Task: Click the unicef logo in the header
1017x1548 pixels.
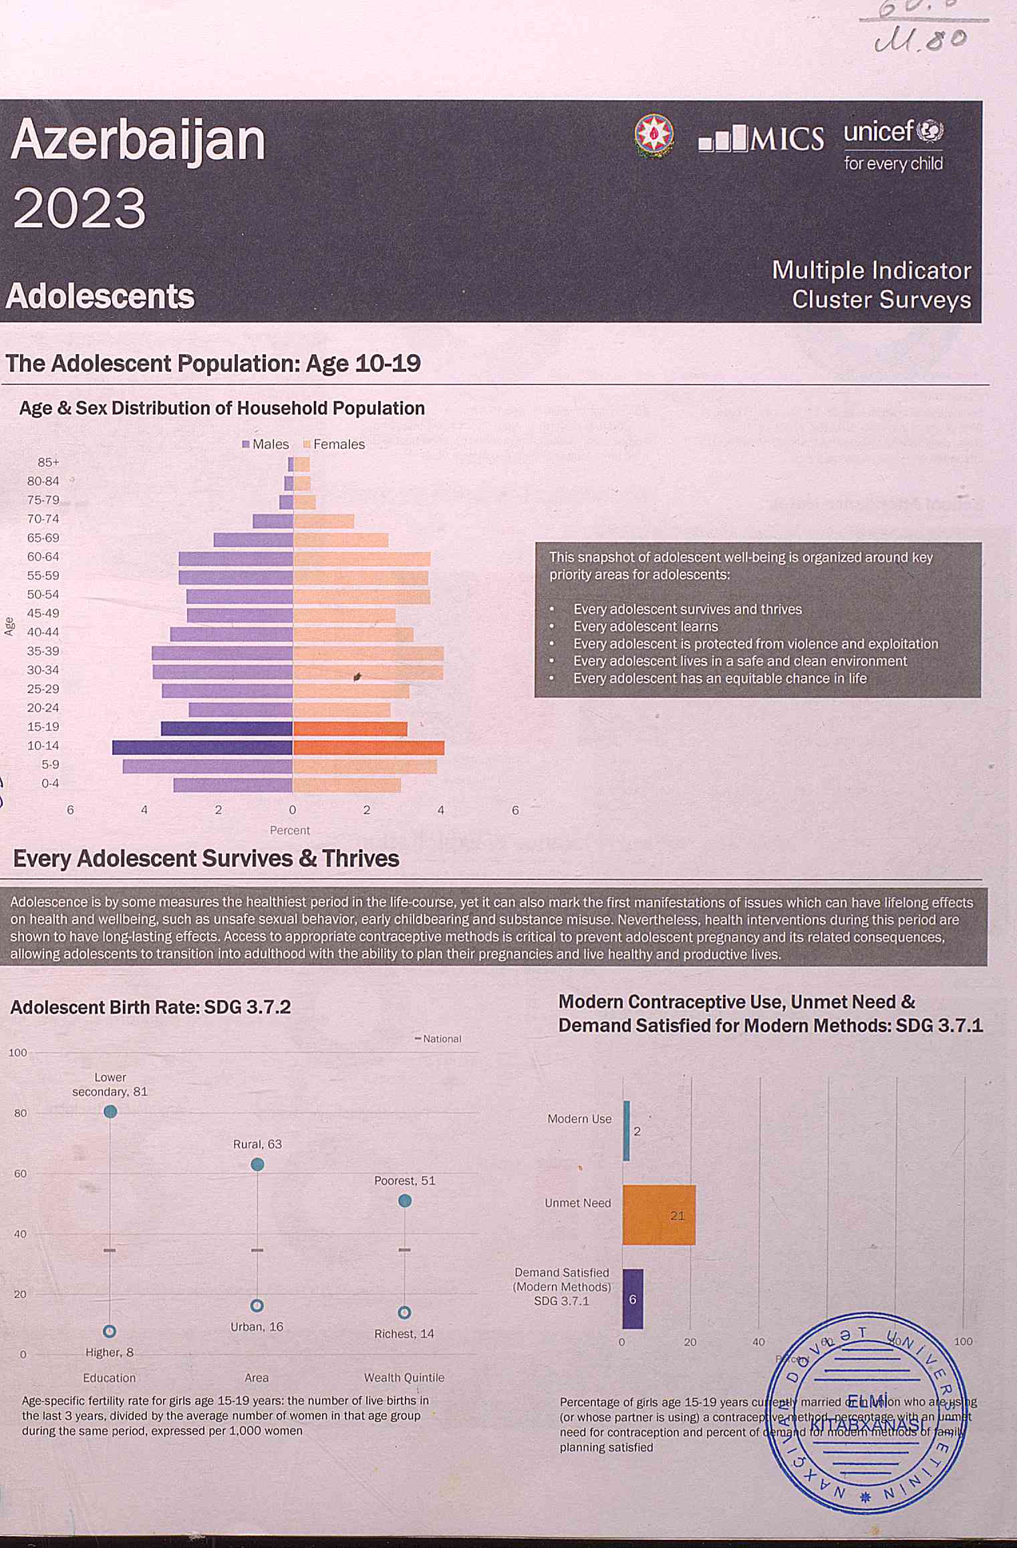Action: pyautogui.click(x=893, y=144)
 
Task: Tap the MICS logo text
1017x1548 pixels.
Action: pyautogui.click(x=761, y=138)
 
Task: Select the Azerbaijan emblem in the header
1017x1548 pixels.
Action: pyautogui.click(x=653, y=136)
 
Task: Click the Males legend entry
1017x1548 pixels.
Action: pyautogui.click(x=265, y=444)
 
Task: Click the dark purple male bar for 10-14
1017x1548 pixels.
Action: pyautogui.click(x=202, y=748)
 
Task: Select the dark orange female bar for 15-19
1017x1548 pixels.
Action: pyautogui.click(x=350, y=729)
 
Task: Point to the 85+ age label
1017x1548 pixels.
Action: pyautogui.click(x=48, y=462)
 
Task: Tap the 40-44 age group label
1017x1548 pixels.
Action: pyautogui.click(x=43, y=632)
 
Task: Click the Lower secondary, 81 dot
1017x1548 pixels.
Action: pyautogui.click(x=110, y=1111)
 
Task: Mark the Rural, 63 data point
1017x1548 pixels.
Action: pyautogui.click(x=257, y=1165)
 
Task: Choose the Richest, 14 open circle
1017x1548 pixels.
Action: pyautogui.click(x=404, y=1313)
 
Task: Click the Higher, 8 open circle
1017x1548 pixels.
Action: pyautogui.click(x=110, y=1332)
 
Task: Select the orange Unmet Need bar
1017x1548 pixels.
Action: pyautogui.click(x=659, y=1215)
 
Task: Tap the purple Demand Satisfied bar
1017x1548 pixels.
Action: pyautogui.click(x=633, y=1299)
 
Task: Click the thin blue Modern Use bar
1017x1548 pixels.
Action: pyautogui.click(x=627, y=1130)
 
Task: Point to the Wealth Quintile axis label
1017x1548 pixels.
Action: pyautogui.click(x=404, y=1378)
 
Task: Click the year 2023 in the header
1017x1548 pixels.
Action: pyautogui.click(x=79, y=208)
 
